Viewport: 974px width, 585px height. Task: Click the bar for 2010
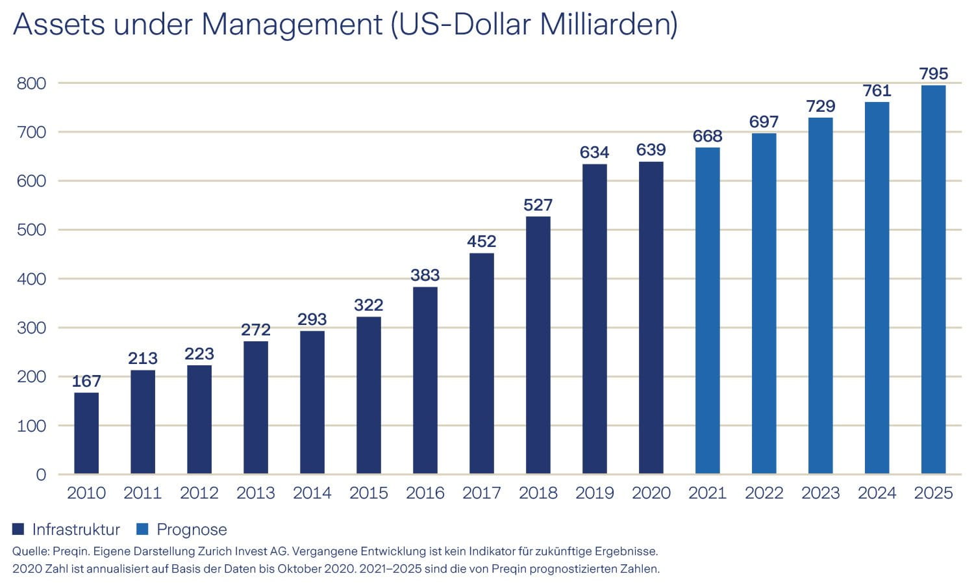point(86,433)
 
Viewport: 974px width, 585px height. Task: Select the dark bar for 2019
point(594,318)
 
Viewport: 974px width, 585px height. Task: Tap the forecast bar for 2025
point(933,279)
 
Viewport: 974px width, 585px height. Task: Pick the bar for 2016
point(425,380)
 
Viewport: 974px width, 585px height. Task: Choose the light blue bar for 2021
point(707,311)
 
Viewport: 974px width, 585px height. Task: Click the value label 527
point(538,205)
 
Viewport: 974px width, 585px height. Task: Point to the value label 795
point(933,74)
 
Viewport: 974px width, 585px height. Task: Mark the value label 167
point(86,382)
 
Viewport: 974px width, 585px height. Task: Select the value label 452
point(481,242)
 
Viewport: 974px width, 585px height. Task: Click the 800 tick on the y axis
point(31,83)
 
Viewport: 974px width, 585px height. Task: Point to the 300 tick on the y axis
point(31,328)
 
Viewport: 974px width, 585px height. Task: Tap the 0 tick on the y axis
point(41,474)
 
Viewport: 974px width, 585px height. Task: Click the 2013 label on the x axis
point(255,493)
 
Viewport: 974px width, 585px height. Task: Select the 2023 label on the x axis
point(820,493)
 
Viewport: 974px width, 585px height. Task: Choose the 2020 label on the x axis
point(651,493)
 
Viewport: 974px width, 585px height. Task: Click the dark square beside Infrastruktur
point(18,529)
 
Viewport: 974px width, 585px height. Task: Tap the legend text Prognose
point(192,530)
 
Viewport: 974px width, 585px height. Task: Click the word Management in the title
point(292,25)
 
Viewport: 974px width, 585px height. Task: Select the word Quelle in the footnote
point(29,551)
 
